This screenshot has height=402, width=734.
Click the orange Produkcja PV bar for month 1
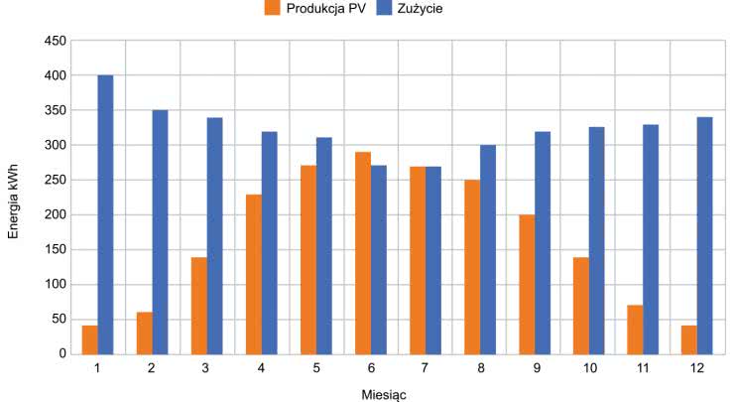pos(90,338)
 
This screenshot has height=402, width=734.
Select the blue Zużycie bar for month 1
pos(105,213)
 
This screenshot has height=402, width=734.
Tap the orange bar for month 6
pos(363,252)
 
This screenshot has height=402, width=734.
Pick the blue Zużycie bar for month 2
pos(160,231)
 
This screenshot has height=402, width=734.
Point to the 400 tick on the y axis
pos(57,75)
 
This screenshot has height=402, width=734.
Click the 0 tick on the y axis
pos(61,353)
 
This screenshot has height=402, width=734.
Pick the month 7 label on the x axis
pos(426,368)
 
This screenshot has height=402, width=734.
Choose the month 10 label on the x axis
pos(589,368)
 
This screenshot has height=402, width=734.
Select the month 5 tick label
pos(316,368)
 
